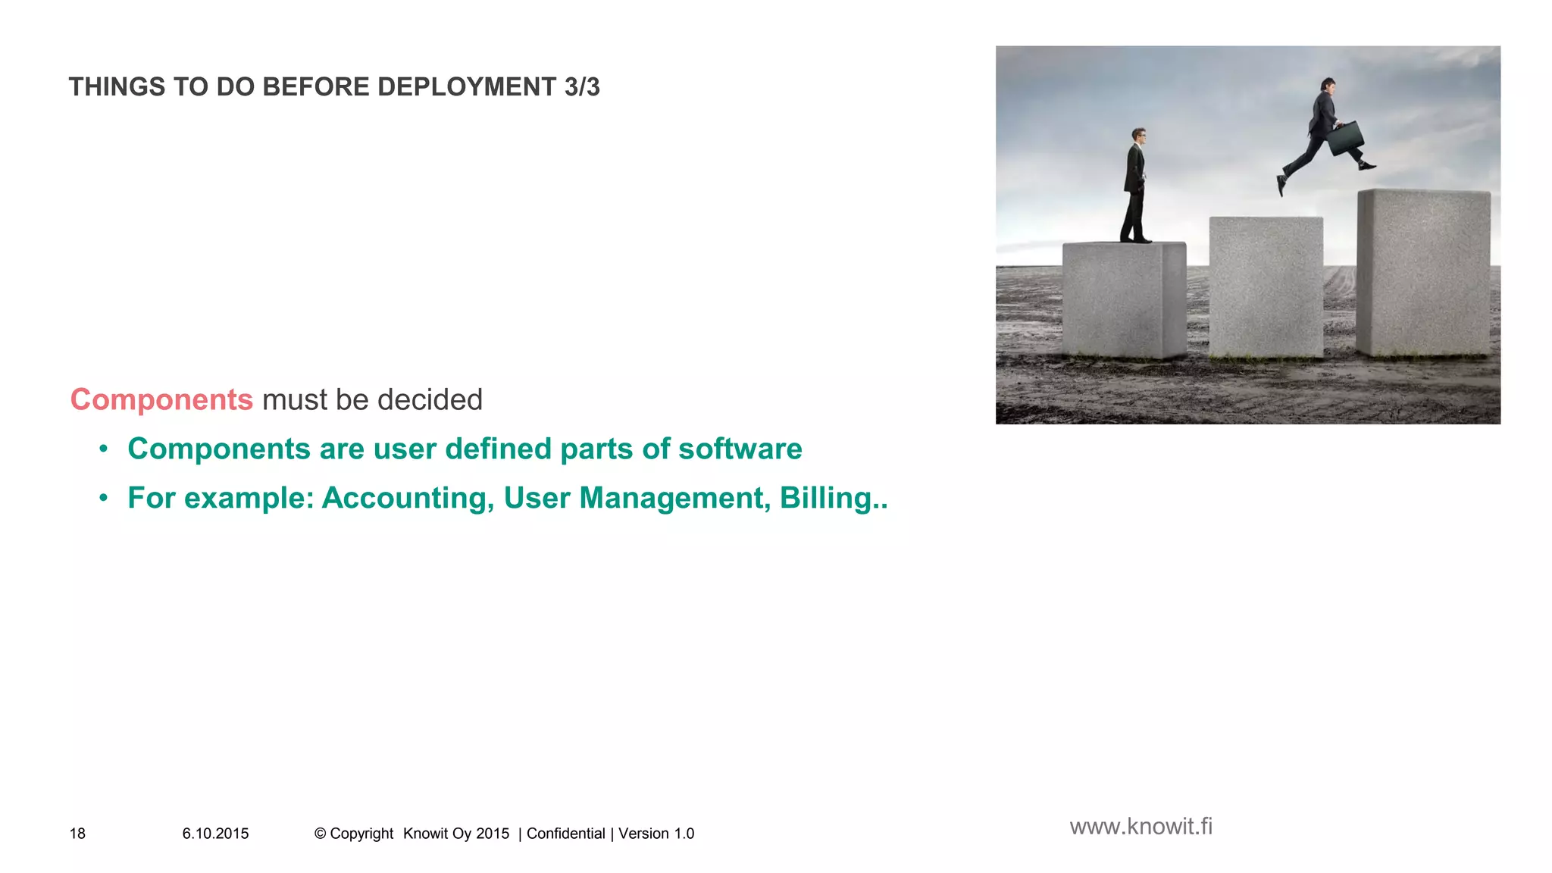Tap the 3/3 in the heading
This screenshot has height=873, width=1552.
[x=582, y=87]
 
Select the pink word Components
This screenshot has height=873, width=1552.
[x=161, y=399]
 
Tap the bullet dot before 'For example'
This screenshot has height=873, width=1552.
[x=104, y=499]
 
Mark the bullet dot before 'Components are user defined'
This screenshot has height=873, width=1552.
[x=104, y=449]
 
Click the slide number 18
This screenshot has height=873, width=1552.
[x=77, y=834]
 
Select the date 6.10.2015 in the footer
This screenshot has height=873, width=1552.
[x=215, y=834]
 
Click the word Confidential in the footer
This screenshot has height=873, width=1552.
[x=565, y=834]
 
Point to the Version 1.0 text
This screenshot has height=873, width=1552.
[x=656, y=834]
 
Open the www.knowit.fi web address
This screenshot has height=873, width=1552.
[x=1141, y=826]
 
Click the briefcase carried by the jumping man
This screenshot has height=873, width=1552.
[x=1345, y=139]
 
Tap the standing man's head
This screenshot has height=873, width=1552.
[x=1138, y=136]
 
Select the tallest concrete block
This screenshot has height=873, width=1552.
[x=1423, y=273]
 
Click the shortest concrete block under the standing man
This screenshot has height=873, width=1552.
[x=1124, y=299]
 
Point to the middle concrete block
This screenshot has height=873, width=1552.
[x=1266, y=286]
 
